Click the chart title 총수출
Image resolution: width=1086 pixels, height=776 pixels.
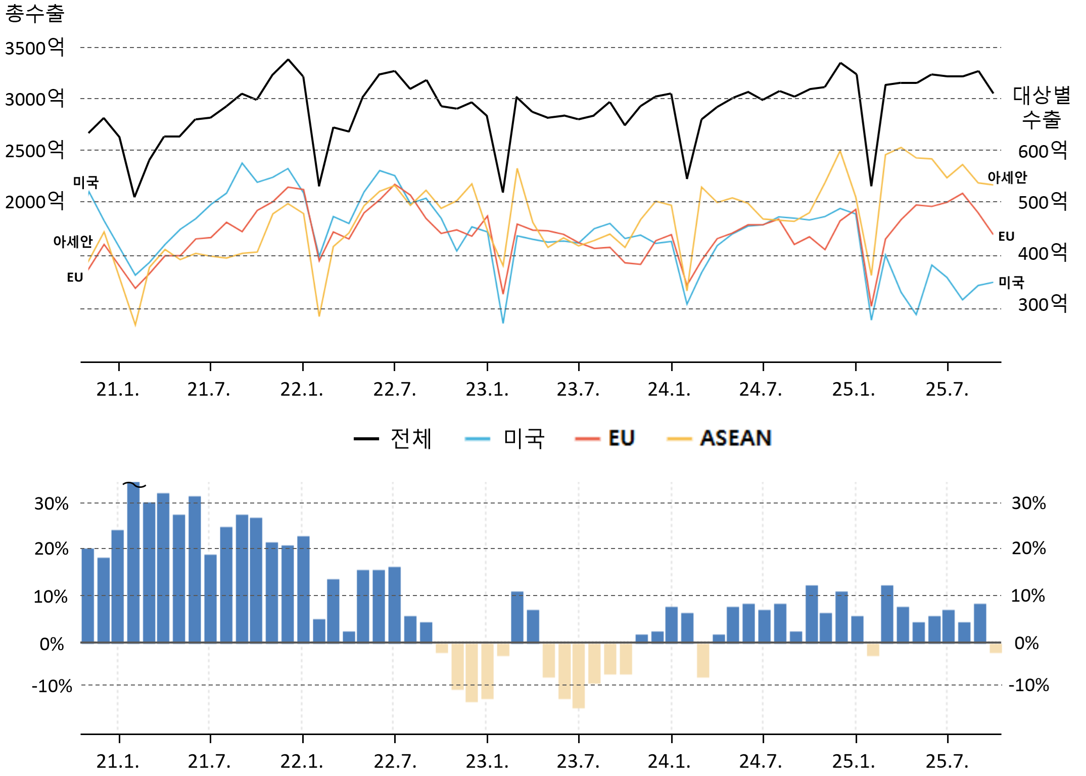point(34,13)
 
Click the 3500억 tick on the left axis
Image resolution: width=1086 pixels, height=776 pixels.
point(34,48)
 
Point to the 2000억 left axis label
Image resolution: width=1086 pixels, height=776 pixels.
point(34,202)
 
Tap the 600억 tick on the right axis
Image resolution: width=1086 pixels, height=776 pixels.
point(1042,151)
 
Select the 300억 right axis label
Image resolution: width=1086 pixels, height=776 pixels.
point(1042,304)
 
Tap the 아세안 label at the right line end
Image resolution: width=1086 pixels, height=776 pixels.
point(1007,177)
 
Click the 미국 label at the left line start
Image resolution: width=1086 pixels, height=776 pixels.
point(86,182)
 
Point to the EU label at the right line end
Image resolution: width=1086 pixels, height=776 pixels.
point(1006,237)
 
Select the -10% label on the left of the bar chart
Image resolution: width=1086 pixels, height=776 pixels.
point(52,687)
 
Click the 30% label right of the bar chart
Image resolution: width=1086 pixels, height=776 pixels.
point(1028,504)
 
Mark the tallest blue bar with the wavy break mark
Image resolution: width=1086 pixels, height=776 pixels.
point(133,561)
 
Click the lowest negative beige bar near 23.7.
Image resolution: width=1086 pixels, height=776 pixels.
point(579,675)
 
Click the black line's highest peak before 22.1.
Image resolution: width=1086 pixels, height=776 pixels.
point(289,60)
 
